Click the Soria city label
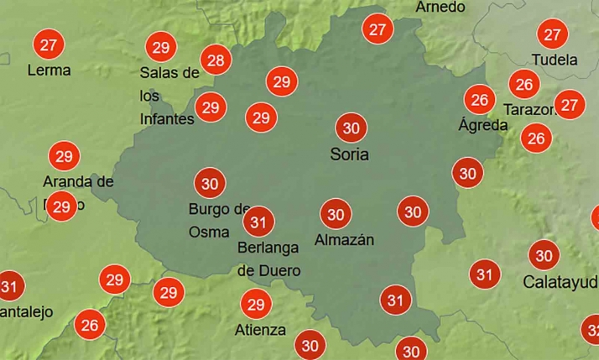pyautogui.click(x=350, y=155)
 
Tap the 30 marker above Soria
pyautogui.click(x=352, y=128)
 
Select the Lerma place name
pyautogui.click(x=49, y=70)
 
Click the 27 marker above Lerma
pyautogui.click(x=49, y=44)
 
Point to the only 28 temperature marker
pyautogui.click(x=216, y=60)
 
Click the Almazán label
pyautogui.click(x=344, y=240)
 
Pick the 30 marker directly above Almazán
pyautogui.click(x=336, y=214)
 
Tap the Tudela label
pyautogui.click(x=555, y=60)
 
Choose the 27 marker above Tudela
pyautogui.click(x=552, y=35)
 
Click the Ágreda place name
pyautogui.click(x=483, y=125)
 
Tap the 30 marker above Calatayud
pyautogui.click(x=544, y=255)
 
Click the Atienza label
pyautogui.click(x=260, y=330)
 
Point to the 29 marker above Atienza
pyautogui.click(x=256, y=304)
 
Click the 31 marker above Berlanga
pyautogui.click(x=259, y=222)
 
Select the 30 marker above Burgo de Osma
pyautogui.click(x=210, y=183)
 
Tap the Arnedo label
pyautogui.click(x=440, y=7)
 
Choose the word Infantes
pyautogui.click(x=167, y=119)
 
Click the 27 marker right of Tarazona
pyautogui.click(x=570, y=105)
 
